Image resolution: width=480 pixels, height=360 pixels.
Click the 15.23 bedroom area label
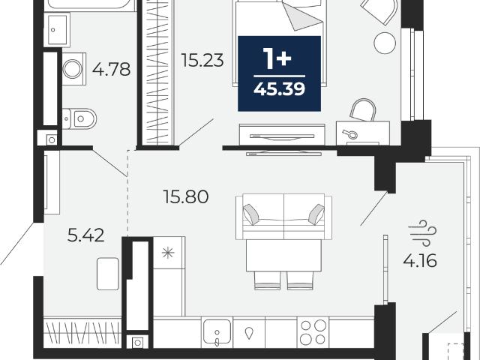(x=202, y=60)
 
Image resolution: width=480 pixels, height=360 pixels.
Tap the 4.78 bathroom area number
(x=112, y=69)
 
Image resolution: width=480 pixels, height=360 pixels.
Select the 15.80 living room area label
(x=186, y=196)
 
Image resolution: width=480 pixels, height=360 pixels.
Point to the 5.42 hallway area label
(x=85, y=235)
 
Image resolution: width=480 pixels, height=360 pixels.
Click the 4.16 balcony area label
(x=420, y=261)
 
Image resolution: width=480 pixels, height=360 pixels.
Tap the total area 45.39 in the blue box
(x=280, y=89)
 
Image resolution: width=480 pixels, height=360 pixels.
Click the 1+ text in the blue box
(x=278, y=60)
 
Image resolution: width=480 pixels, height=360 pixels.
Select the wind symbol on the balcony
(x=422, y=232)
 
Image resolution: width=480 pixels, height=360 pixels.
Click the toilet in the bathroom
(x=79, y=118)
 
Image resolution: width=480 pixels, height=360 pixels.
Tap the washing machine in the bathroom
(x=73, y=68)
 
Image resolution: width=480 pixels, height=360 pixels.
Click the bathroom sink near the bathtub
(x=57, y=30)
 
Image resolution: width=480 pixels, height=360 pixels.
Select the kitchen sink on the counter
(x=217, y=332)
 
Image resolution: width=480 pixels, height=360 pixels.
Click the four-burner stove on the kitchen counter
(x=313, y=332)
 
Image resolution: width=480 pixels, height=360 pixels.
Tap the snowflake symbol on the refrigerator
(x=168, y=253)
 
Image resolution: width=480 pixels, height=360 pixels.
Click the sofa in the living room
(x=283, y=217)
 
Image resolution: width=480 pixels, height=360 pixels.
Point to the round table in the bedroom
(x=385, y=43)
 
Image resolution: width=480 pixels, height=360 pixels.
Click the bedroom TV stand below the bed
(x=282, y=135)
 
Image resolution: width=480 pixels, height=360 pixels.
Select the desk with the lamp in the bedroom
(x=363, y=133)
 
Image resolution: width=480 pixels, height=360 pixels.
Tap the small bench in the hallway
(x=108, y=274)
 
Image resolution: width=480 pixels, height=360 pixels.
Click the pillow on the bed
(x=301, y=16)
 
